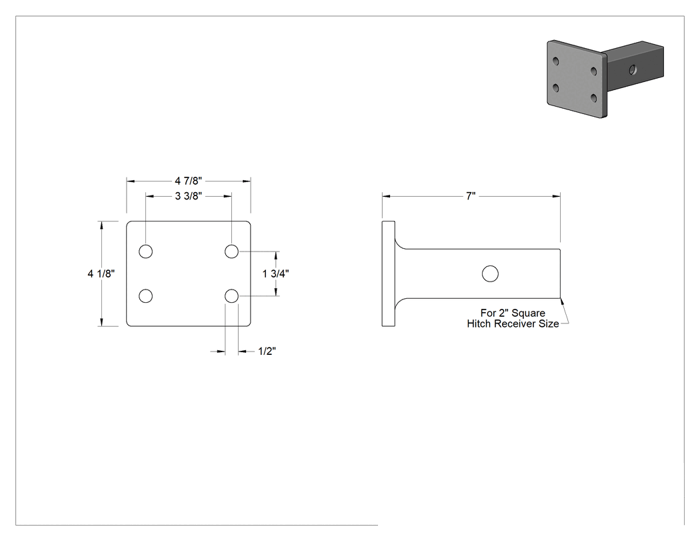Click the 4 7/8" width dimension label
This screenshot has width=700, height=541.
point(189,181)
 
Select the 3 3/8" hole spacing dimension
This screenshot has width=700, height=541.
point(189,196)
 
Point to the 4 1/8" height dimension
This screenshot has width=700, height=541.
point(101,274)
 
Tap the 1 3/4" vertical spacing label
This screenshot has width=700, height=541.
point(276,274)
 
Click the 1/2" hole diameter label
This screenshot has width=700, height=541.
point(267,351)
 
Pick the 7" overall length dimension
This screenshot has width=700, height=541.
point(471,196)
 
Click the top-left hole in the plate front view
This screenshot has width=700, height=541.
point(145,251)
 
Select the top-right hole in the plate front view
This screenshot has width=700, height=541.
point(231,251)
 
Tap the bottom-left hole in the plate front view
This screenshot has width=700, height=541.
point(145,296)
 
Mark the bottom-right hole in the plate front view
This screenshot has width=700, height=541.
point(231,296)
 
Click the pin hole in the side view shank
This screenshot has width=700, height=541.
point(490,274)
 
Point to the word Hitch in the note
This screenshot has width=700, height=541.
point(478,324)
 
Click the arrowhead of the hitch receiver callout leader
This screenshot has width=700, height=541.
point(562,302)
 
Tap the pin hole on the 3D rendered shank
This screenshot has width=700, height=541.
point(633,69)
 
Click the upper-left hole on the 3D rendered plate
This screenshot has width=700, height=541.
point(556,61)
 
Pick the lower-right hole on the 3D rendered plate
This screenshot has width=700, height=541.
point(594,98)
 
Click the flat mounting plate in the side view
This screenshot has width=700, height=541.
point(389,274)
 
